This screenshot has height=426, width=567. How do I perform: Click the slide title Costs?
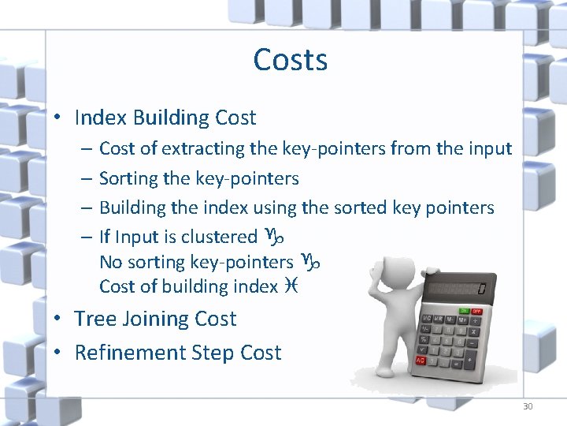click(291, 59)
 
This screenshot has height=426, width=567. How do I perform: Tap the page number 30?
click(527, 406)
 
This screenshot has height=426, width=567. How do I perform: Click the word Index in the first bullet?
click(101, 118)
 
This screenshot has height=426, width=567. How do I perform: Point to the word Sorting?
click(128, 179)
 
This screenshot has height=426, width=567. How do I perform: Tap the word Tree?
click(93, 319)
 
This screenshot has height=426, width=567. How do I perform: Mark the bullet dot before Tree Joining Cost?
click(58, 319)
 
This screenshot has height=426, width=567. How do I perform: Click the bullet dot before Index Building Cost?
click(58, 118)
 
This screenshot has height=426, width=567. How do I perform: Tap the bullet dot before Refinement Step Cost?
click(58, 353)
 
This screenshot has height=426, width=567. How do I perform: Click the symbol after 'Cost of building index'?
click(291, 286)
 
